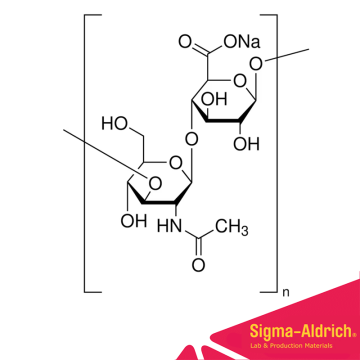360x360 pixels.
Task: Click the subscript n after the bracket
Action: (284, 293)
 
